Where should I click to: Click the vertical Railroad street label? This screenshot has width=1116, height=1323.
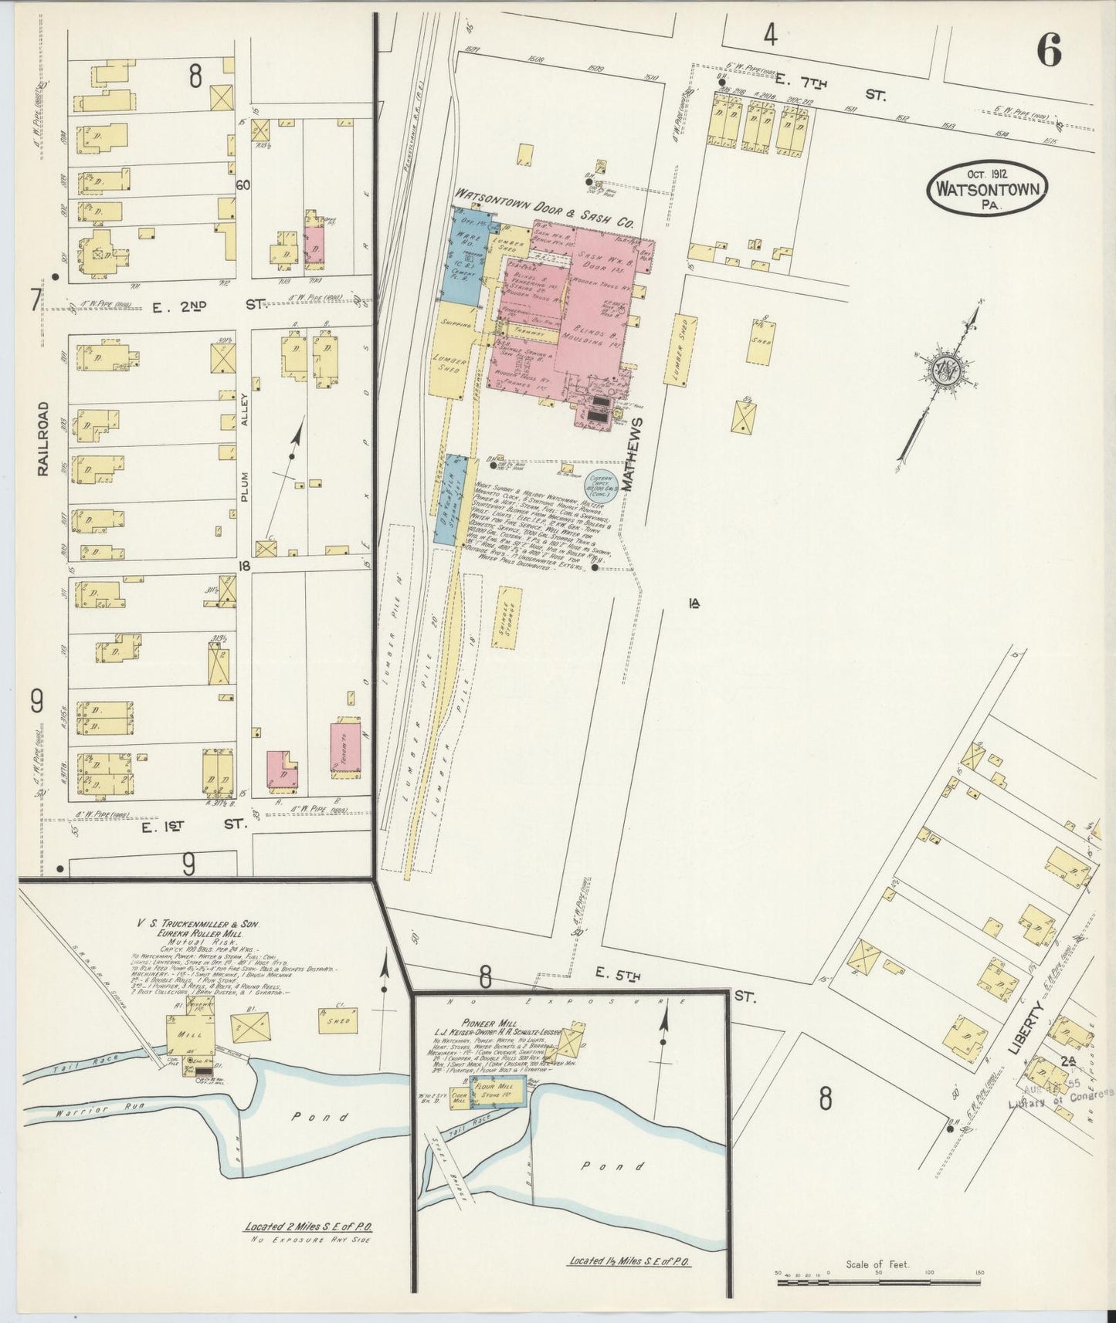coord(43,438)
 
